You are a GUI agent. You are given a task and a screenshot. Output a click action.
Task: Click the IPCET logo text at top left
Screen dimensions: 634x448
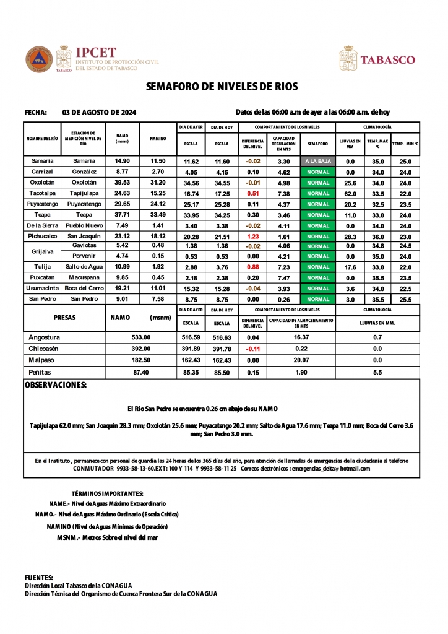(95, 53)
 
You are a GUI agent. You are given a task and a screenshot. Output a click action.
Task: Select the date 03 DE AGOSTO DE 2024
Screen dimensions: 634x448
(100, 113)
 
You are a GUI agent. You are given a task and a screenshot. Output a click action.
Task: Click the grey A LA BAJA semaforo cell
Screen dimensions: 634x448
(317, 161)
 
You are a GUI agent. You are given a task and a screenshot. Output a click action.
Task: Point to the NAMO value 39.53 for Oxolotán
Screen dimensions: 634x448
(122, 183)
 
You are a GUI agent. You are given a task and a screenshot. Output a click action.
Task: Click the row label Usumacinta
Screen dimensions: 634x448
(42, 289)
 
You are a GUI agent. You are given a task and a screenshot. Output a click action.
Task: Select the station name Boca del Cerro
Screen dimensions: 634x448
(84, 289)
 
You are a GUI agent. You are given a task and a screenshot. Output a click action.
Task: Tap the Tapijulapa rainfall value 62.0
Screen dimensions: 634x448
(350, 194)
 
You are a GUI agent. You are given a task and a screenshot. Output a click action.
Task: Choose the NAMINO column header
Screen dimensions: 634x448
(158, 139)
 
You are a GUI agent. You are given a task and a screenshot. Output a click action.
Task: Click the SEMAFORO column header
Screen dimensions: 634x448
(317, 144)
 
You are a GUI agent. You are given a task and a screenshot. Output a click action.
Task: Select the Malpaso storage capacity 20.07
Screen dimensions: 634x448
(301, 360)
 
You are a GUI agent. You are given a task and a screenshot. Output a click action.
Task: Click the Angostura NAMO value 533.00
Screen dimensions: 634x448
(141, 337)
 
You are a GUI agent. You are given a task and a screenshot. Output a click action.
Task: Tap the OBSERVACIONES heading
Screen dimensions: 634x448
(55, 385)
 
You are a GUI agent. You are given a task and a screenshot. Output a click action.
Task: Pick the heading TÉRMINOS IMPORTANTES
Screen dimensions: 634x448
(108, 493)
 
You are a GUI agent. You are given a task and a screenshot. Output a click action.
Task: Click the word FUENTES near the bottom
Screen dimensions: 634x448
(39, 577)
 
